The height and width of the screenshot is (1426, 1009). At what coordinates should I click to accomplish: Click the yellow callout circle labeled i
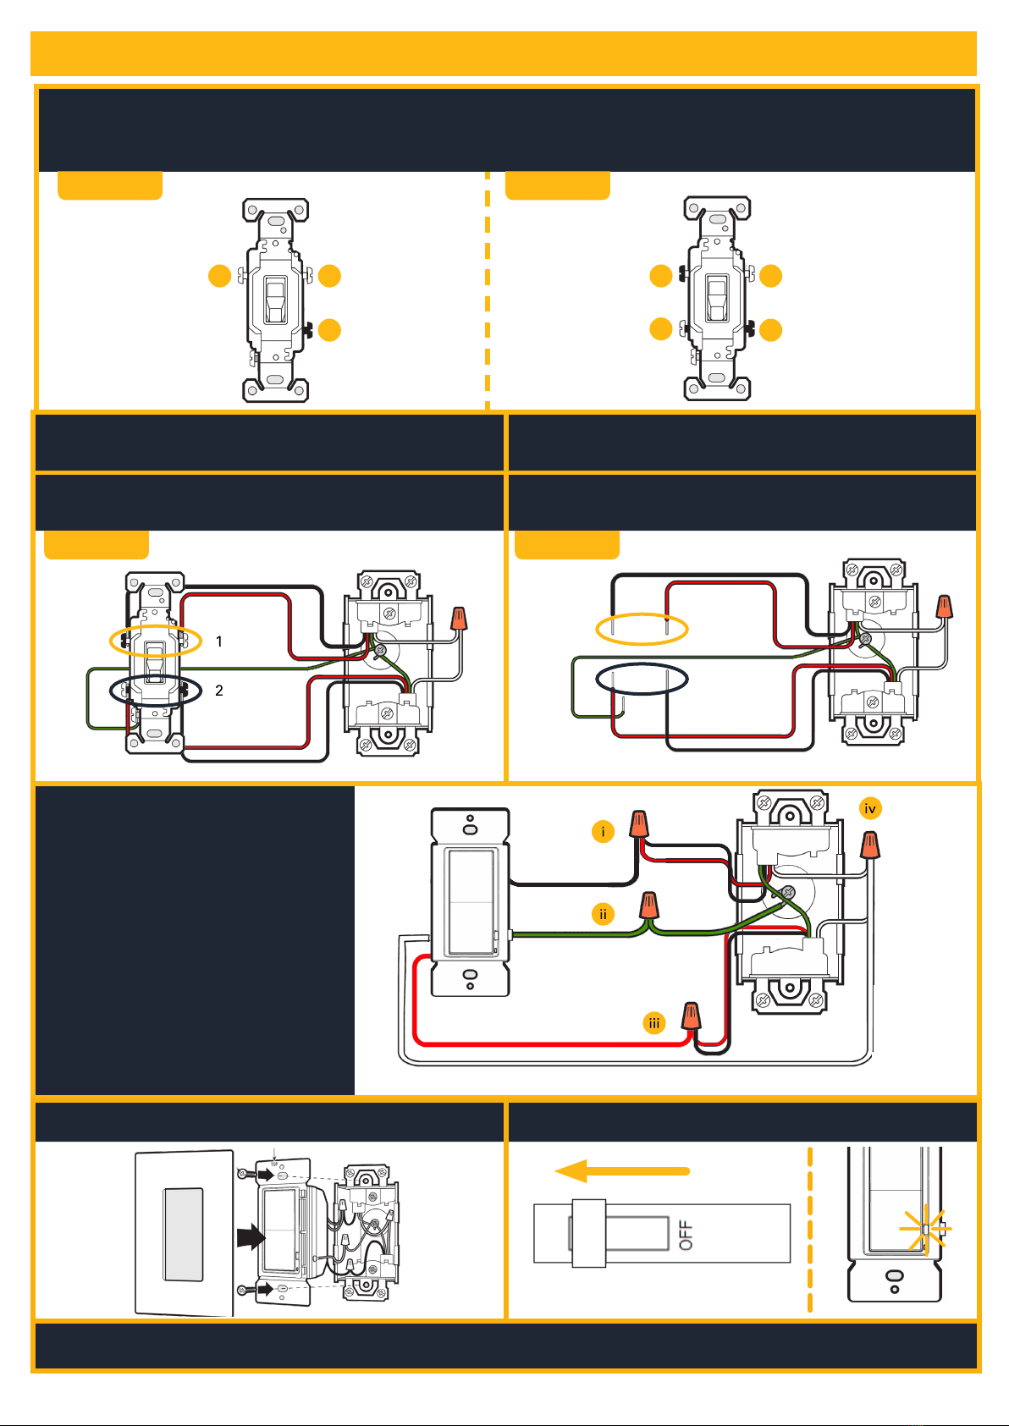pyautogui.click(x=603, y=831)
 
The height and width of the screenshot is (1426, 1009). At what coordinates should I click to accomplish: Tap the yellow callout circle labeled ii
pyautogui.click(x=603, y=914)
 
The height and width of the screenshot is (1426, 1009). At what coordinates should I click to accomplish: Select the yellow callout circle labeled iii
pyautogui.click(x=653, y=1023)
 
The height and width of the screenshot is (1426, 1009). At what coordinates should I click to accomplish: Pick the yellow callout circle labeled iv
pyautogui.click(x=870, y=808)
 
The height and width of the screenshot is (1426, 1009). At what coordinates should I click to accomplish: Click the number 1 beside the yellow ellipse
pyautogui.click(x=219, y=641)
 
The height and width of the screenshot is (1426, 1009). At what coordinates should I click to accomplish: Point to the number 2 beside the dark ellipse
pyautogui.click(x=219, y=690)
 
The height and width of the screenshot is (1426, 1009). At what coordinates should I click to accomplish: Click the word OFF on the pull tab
pyautogui.click(x=686, y=1235)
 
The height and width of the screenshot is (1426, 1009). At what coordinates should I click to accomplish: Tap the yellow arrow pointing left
pyautogui.click(x=622, y=1170)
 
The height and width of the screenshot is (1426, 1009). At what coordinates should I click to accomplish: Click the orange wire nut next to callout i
pyautogui.click(x=639, y=823)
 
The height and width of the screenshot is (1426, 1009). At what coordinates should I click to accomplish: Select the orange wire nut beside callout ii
pyautogui.click(x=648, y=905)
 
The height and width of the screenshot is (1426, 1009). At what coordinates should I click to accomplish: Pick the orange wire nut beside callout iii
pyautogui.click(x=691, y=1016)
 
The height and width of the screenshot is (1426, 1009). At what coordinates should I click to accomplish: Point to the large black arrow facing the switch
pyautogui.click(x=251, y=1237)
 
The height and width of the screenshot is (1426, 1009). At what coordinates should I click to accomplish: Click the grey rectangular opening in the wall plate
pyautogui.click(x=184, y=1235)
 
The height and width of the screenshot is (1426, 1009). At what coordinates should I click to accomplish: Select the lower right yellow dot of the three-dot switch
pyautogui.click(x=329, y=330)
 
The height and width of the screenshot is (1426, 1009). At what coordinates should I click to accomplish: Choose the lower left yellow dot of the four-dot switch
pyautogui.click(x=661, y=329)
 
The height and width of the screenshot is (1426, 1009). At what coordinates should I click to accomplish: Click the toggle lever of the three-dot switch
pyautogui.click(x=275, y=300)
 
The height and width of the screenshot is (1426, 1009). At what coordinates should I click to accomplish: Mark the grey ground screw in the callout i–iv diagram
pyautogui.click(x=788, y=892)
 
